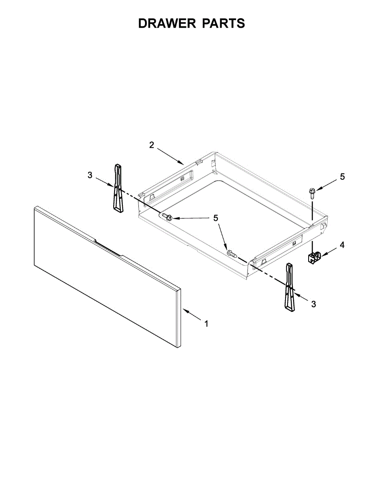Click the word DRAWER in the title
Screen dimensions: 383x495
point(167,23)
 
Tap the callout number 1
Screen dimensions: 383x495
point(206,324)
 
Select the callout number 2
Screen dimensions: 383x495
point(152,145)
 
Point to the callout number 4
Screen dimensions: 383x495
point(342,245)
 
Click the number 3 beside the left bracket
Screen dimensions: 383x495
point(90,175)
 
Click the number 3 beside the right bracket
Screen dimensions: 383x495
point(314,304)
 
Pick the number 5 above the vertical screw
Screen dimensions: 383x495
point(342,177)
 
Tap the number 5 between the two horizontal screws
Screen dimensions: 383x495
point(216,218)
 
